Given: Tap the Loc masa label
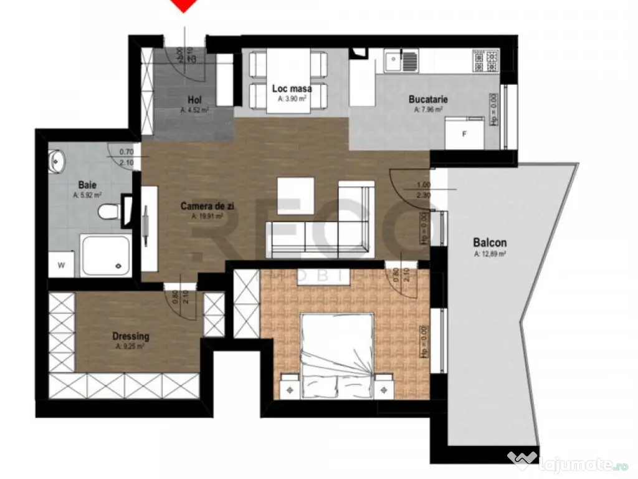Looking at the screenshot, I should pyautogui.click(x=292, y=89).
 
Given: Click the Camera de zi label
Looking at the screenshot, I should pyautogui.click(x=202, y=206).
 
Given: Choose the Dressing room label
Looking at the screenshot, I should pyautogui.click(x=131, y=336).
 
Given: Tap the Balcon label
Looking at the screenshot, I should pyautogui.click(x=489, y=243).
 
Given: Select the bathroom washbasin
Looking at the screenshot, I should pyautogui.click(x=57, y=161).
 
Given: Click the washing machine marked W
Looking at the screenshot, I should pyautogui.click(x=62, y=264).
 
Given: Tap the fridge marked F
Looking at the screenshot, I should pyautogui.click(x=464, y=133).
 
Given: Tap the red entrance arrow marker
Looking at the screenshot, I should pyautogui.click(x=183, y=5).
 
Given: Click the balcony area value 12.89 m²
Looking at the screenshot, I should pyautogui.click(x=489, y=254).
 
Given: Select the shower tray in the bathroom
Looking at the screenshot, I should pyautogui.click(x=106, y=256).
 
